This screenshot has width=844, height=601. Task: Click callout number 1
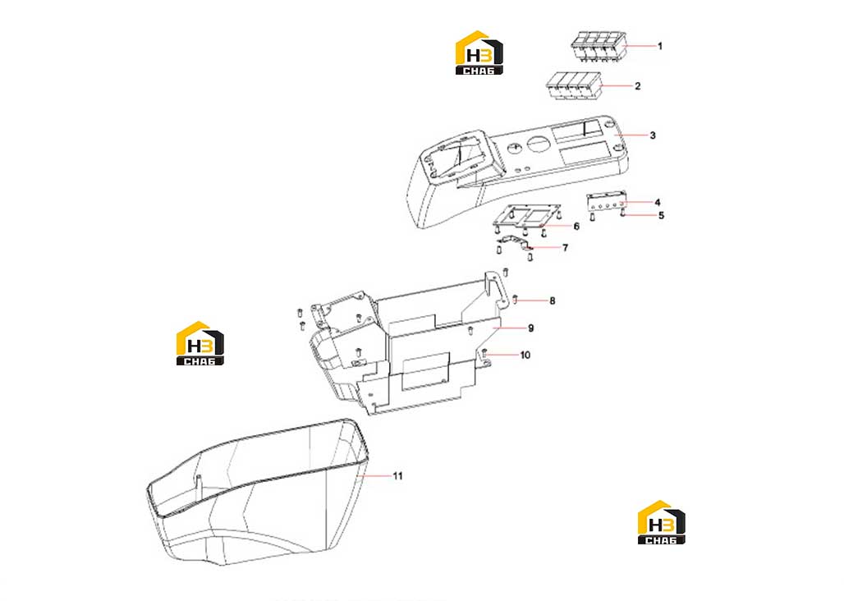(x=660, y=46)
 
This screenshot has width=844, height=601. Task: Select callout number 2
(x=638, y=86)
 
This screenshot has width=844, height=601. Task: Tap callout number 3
(x=653, y=135)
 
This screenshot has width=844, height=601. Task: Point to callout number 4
(x=658, y=203)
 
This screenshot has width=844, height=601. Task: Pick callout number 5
(x=662, y=216)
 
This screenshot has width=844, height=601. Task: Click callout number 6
(x=576, y=227)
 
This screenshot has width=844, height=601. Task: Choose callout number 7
(x=565, y=248)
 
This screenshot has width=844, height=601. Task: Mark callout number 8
(x=553, y=300)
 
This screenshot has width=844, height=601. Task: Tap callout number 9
(x=530, y=328)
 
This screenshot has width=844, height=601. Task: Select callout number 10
(x=525, y=356)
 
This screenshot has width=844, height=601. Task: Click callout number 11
(x=397, y=476)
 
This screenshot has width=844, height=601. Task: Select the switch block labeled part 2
(x=575, y=85)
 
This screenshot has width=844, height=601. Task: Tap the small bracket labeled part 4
(x=607, y=202)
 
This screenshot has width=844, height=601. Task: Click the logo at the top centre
(x=479, y=53)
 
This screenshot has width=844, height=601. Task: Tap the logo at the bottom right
(x=661, y=522)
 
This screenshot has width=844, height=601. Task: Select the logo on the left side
(x=200, y=344)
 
